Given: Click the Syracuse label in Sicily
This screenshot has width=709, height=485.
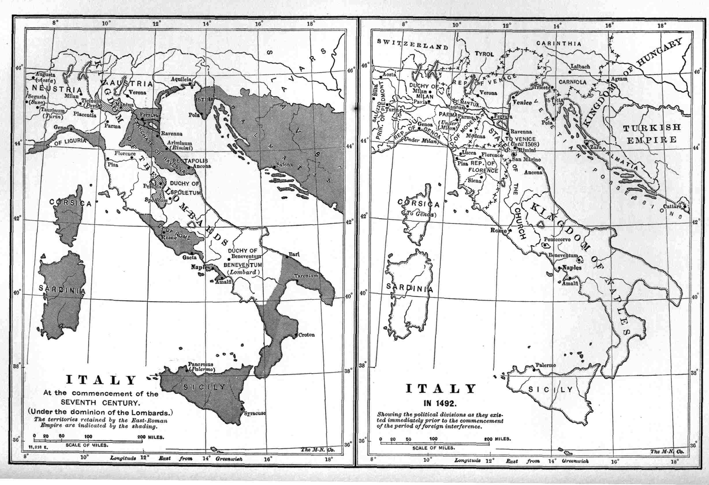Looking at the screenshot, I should [x=255, y=414].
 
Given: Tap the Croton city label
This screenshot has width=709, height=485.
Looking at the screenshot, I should [x=306, y=335].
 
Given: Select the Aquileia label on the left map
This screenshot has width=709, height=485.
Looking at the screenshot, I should [x=181, y=79].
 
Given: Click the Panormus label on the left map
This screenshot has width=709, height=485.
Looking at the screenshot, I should [x=200, y=364].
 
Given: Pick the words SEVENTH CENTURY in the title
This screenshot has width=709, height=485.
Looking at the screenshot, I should [x=100, y=403].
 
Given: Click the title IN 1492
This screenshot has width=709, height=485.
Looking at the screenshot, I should [x=440, y=404].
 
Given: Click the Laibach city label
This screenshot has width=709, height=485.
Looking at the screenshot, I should [x=580, y=66].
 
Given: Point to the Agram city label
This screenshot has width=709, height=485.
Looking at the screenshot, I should [x=619, y=79].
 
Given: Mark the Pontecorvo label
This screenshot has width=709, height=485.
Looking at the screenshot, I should [x=557, y=239].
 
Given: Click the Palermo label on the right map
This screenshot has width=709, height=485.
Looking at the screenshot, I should [x=546, y=365].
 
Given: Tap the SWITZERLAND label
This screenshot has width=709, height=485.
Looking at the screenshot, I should [x=413, y=44].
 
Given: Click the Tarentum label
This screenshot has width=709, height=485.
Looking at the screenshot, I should [x=306, y=276].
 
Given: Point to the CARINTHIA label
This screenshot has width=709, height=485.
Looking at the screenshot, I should [x=559, y=44].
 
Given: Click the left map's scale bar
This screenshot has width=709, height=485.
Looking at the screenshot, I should [x=88, y=441].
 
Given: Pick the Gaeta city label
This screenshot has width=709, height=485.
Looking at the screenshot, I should [x=189, y=257].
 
